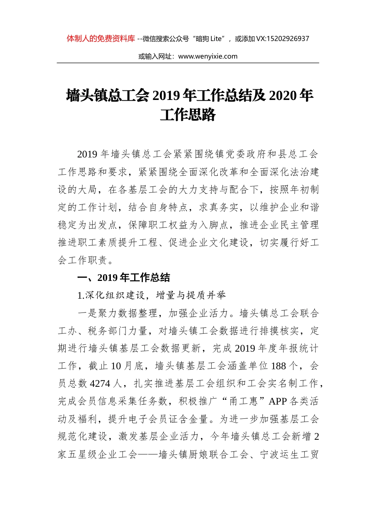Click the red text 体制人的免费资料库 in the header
pos(101,39)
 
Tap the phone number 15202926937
pos(288,39)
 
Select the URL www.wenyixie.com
pos(208,56)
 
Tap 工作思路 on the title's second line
pos(188,115)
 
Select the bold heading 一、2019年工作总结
pos(123,278)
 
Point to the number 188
pos(278,366)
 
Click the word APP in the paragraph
pos(277,401)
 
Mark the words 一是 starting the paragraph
pos(87,313)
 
